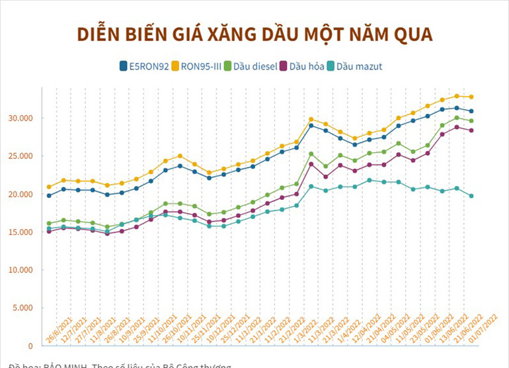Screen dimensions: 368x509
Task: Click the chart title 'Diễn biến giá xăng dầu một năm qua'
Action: [255, 34]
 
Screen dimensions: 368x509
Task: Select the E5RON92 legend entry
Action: [143, 66]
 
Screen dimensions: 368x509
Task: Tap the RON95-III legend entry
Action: [198, 66]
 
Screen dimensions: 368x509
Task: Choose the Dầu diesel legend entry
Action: [251, 66]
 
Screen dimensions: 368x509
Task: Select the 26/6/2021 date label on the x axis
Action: [58, 329]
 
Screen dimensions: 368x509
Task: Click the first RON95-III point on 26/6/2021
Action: [49, 187]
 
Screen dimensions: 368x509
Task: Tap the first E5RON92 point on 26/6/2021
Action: [49, 195]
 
